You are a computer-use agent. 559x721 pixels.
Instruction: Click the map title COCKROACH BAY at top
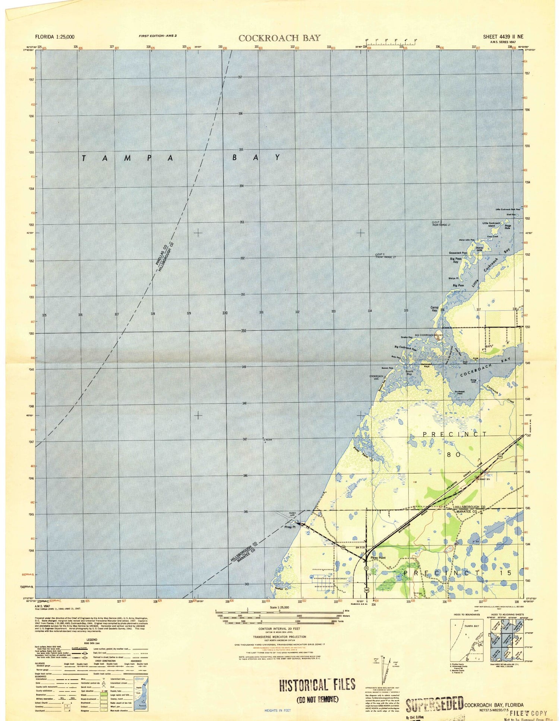click(x=279, y=38)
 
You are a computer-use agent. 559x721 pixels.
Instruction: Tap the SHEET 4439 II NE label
click(x=503, y=37)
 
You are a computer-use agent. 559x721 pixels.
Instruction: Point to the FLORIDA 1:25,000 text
click(x=54, y=37)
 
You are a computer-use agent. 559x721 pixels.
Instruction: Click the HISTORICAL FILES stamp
click(x=317, y=684)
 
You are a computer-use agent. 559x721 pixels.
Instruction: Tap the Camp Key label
click(x=434, y=309)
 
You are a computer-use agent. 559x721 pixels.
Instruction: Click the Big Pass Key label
click(x=455, y=260)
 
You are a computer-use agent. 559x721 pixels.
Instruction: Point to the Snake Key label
click(x=406, y=337)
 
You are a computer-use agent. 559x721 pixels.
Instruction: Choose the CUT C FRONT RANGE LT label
click(x=385, y=256)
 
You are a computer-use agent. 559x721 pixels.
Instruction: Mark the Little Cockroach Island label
click(x=491, y=224)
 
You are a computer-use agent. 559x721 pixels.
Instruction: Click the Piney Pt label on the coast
click(x=290, y=527)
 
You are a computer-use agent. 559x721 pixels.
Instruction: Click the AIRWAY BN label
click(x=482, y=479)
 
